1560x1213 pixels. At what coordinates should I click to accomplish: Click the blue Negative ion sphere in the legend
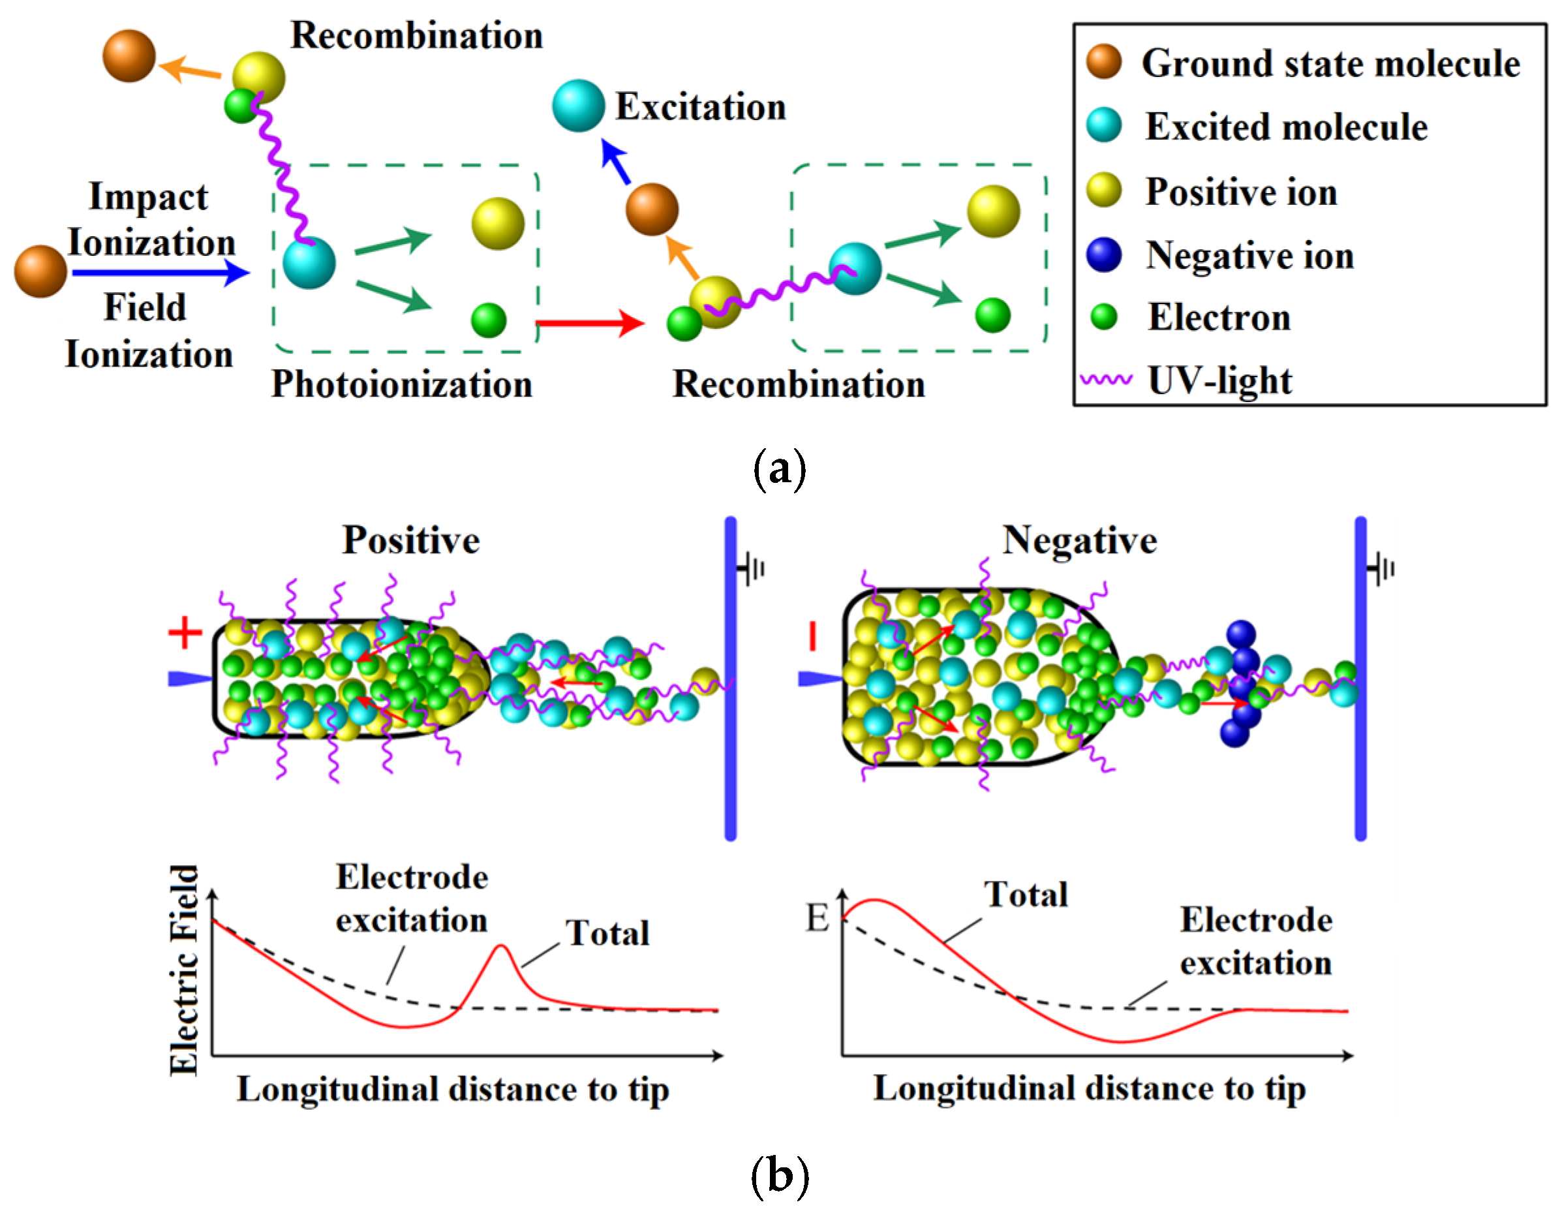coord(1103,255)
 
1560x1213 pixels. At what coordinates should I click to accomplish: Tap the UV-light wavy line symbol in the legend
coord(1106,379)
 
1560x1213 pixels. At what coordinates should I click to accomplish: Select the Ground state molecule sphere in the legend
coord(1103,61)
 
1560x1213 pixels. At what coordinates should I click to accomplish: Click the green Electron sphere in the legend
coord(1103,316)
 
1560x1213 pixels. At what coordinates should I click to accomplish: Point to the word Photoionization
coord(401,384)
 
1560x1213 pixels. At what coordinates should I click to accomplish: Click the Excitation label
coord(700,107)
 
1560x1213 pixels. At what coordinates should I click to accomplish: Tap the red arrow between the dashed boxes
coord(589,324)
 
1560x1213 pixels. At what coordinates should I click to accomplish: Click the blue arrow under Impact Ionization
coord(160,272)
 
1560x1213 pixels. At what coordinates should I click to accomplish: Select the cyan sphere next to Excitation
coord(578,106)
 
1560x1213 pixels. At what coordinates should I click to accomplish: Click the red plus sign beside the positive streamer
coord(185,633)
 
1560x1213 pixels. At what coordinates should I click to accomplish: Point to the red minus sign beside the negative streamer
coord(812,636)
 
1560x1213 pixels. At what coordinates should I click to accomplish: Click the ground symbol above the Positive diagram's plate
coord(752,570)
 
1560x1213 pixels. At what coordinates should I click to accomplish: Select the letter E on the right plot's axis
coord(817,918)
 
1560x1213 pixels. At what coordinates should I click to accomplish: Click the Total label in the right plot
coord(1026,895)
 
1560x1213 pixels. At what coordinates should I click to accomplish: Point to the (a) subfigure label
coord(779,469)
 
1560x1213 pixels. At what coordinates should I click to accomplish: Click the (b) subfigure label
coord(779,1175)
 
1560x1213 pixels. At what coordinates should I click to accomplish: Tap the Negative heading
coord(1079,540)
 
